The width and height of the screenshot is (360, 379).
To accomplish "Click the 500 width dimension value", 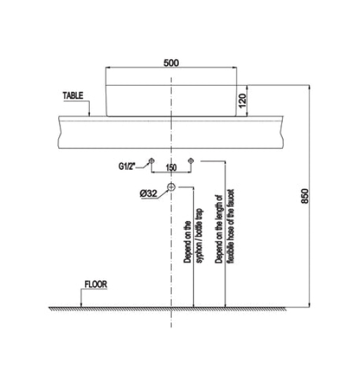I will click(x=171, y=62).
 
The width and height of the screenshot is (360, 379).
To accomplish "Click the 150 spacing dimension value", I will click(x=171, y=168).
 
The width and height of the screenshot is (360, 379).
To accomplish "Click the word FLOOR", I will click(x=95, y=286).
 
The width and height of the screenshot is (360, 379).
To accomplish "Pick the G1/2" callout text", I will click(x=131, y=166).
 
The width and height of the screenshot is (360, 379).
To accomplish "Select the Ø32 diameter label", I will click(x=149, y=193).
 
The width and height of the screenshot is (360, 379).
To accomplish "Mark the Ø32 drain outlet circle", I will click(x=171, y=187).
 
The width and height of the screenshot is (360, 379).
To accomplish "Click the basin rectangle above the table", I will click(x=171, y=99).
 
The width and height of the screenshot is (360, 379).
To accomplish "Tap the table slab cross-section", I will click(x=171, y=131).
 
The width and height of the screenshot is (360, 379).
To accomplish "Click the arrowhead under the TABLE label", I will click(x=90, y=113).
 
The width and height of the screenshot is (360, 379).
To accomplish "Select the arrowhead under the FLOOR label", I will click(x=81, y=304).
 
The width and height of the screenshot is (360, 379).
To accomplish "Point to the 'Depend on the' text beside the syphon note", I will click(x=187, y=243).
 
